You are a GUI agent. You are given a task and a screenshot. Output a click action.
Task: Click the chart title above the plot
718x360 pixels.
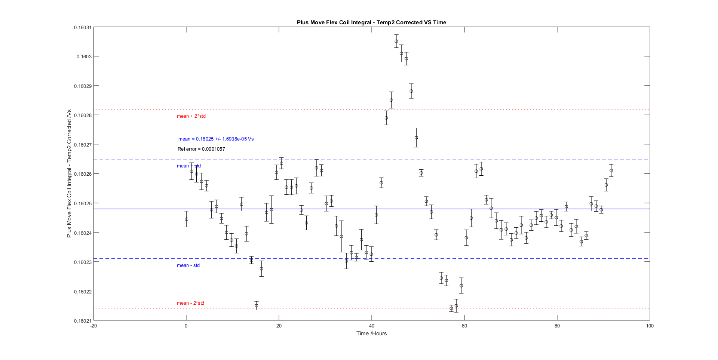pyautogui.click(x=371, y=22)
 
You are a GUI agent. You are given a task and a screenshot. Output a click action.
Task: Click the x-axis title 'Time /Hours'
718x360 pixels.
pyautogui.click(x=371, y=333)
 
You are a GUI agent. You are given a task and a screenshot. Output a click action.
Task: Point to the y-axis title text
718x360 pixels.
pyautogui.click(x=69, y=173)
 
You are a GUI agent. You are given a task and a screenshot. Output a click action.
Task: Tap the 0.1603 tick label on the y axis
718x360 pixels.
pyautogui.click(x=84, y=57)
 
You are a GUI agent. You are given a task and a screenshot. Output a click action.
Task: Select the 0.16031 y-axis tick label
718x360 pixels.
pyautogui.click(x=82, y=28)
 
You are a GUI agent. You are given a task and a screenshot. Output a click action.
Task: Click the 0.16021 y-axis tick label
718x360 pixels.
pyautogui.click(x=82, y=321)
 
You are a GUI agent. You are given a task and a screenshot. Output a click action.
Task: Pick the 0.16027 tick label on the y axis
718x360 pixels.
pyautogui.click(x=82, y=145)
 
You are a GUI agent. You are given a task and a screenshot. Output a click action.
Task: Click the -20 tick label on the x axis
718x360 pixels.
pyautogui.click(x=93, y=326)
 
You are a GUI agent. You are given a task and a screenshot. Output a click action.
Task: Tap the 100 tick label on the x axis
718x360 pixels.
pyautogui.click(x=650, y=326)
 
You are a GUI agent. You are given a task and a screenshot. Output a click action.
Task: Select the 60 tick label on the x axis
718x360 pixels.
pyautogui.click(x=464, y=326)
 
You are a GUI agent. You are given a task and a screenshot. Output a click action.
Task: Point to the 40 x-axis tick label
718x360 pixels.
pyautogui.click(x=371, y=326)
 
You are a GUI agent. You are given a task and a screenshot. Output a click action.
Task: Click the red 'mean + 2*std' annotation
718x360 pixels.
pyautogui.click(x=191, y=116)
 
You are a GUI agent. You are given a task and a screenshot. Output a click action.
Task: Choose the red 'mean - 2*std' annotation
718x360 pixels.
pyautogui.click(x=190, y=303)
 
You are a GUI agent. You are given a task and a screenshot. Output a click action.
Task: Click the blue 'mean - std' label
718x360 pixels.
pyautogui.click(x=188, y=265)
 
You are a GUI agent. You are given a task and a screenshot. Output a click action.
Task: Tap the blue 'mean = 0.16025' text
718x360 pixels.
pyautogui.click(x=216, y=139)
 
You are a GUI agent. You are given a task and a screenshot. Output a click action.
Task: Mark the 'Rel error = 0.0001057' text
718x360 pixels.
pyautogui.click(x=201, y=149)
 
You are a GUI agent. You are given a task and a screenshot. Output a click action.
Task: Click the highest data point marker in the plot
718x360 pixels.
pyautogui.click(x=396, y=41)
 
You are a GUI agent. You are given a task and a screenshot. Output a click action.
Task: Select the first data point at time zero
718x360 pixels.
pyautogui.click(x=187, y=219)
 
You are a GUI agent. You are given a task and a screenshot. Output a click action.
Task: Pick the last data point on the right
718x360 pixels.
pyautogui.click(x=611, y=170)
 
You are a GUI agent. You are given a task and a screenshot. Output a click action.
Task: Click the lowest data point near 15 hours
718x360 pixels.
pyautogui.click(x=257, y=306)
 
